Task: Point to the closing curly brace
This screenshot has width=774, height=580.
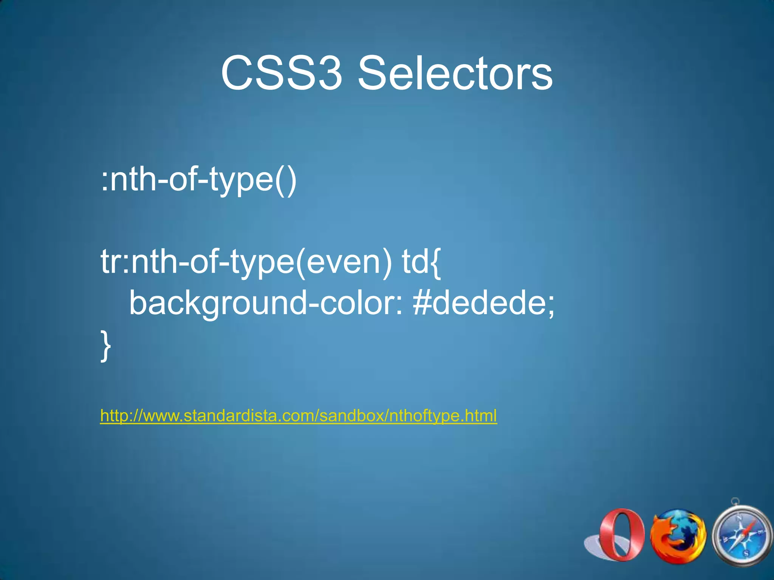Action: tap(106, 346)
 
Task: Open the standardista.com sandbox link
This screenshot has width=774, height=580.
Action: tap(298, 416)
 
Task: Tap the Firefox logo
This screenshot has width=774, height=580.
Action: tap(678, 535)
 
